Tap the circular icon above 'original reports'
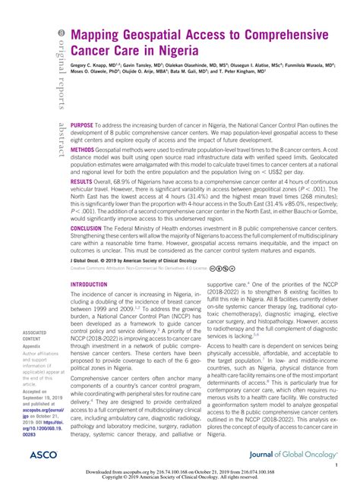pyautogui.click(x=55, y=36)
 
